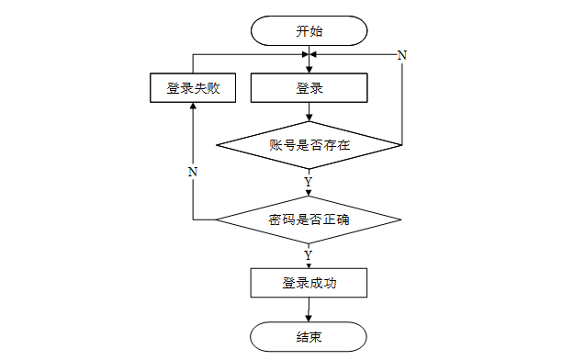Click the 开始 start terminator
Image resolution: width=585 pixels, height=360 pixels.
click(309, 30)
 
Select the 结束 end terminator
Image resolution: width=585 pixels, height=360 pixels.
click(309, 336)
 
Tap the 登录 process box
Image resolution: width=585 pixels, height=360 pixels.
click(309, 87)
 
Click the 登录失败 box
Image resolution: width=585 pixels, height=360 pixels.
click(193, 87)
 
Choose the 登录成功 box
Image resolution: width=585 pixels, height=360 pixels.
click(309, 283)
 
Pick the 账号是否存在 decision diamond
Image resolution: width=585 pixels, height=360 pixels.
click(309, 145)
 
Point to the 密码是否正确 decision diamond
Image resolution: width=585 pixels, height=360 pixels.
click(309, 219)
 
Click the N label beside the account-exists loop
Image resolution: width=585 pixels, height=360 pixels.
click(402, 55)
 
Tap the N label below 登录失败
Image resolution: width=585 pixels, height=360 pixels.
click(193, 172)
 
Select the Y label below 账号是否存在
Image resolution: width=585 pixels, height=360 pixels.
click(309, 182)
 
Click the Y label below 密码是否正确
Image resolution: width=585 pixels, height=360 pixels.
click(309, 255)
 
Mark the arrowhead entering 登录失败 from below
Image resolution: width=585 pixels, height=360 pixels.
click(193, 106)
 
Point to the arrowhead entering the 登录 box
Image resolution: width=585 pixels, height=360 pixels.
click(309, 70)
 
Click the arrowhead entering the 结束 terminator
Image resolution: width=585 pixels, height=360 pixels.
click(309, 319)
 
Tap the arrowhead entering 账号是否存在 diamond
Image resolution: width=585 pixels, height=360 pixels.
click(309, 118)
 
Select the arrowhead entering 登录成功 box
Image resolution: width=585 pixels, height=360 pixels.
click(309, 265)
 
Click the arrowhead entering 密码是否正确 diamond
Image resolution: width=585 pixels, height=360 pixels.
click(309, 193)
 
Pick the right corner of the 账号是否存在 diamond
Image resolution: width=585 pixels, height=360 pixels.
click(402, 145)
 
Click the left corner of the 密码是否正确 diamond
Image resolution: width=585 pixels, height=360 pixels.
click(216, 219)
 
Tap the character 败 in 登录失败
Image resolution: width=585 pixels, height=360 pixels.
click(214, 88)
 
